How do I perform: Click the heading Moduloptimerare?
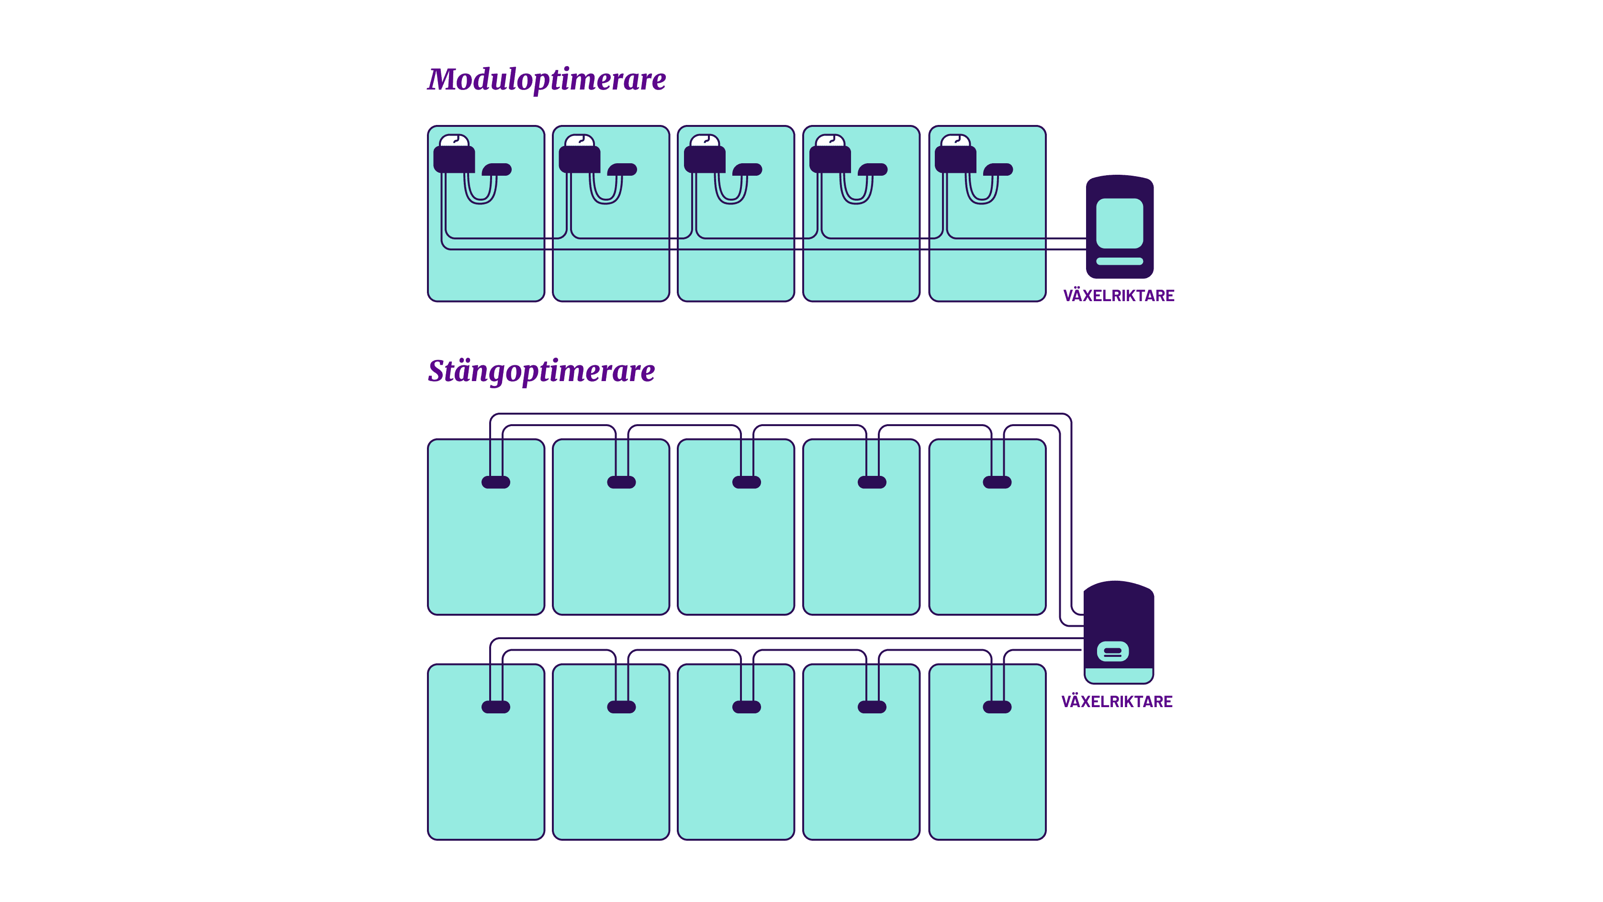click(x=546, y=79)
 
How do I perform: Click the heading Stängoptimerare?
click(x=541, y=371)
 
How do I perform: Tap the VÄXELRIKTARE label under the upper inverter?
click(x=1118, y=296)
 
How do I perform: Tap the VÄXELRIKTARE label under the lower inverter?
click(x=1116, y=701)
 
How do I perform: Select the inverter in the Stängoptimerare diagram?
click(x=1118, y=632)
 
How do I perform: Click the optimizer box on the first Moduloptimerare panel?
click(x=454, y=159)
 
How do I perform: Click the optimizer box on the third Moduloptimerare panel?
click(x=705, y=159)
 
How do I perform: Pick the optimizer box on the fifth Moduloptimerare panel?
click(x=955, y=159)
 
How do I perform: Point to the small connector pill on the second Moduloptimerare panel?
click(x=622, y=169)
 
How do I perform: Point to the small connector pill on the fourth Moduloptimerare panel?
click(x=873, y=169)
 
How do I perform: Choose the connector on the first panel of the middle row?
click(x=496, y=482)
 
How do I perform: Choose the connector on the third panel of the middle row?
click(x=747, y=482)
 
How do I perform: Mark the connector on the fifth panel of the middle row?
click(x=997, y=482)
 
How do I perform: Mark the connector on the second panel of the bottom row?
click(x=621, y=707)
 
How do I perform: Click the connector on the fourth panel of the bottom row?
click(x=872, y=707)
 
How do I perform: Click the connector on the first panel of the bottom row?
click(x=496, y=707)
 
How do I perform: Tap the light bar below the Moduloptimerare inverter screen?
click(x=1120, y=261)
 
